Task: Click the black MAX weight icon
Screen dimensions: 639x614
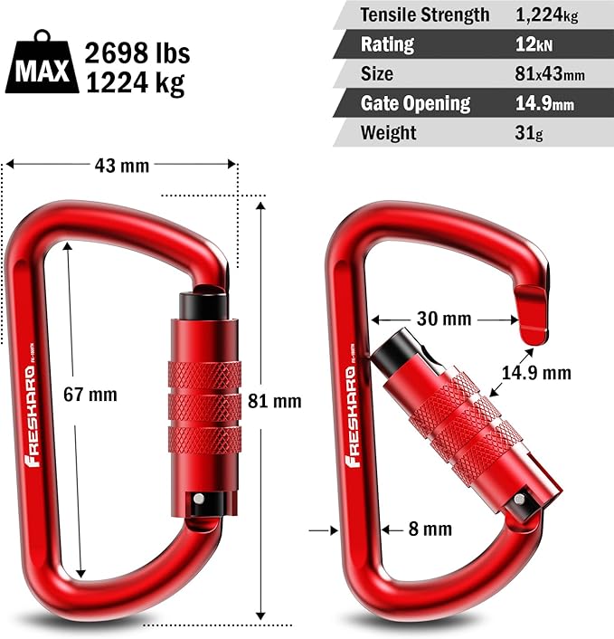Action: click(43, 65)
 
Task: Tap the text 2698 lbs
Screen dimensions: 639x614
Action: click(135, 52)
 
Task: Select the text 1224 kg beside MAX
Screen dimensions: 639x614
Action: click(135, 83)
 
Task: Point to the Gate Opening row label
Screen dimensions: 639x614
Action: click(415, 103)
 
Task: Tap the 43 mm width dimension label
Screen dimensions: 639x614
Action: click(121, 165)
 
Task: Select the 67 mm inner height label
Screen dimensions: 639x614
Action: click(91, 395)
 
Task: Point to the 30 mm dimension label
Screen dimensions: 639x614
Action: click(445, 318)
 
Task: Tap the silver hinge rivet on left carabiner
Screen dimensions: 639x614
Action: click(197, 500)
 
